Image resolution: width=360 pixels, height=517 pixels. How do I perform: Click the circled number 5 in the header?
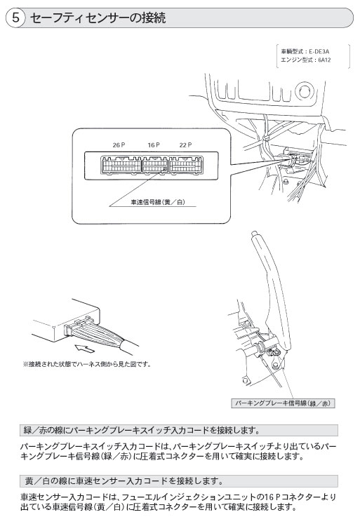(15, 18)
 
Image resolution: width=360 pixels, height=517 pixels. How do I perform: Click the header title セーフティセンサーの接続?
(98, 18)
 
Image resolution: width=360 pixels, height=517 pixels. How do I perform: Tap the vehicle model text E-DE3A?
(319, 52)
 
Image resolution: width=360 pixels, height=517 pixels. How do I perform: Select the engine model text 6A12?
(324, 60)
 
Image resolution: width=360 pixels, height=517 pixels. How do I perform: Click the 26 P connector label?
(119, 145)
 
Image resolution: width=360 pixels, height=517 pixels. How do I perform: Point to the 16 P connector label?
(154, 145)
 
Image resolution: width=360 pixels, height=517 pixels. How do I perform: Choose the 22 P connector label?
(185, 145)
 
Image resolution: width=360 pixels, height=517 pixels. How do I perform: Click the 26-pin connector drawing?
(121, 165)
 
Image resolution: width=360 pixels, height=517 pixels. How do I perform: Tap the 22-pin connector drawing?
(186, 165)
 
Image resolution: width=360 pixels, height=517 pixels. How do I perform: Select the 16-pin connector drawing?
(155, 165)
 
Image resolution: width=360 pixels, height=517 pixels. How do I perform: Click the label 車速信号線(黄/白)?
(158, 202)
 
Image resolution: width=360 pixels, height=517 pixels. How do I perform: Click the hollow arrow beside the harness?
(85, 348)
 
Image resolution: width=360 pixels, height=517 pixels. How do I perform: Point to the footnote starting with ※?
(87, 365)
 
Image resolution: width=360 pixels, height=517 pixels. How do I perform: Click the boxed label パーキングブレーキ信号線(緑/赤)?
(283, 403)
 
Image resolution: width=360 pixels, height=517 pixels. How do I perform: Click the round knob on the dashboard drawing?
(304, 91)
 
